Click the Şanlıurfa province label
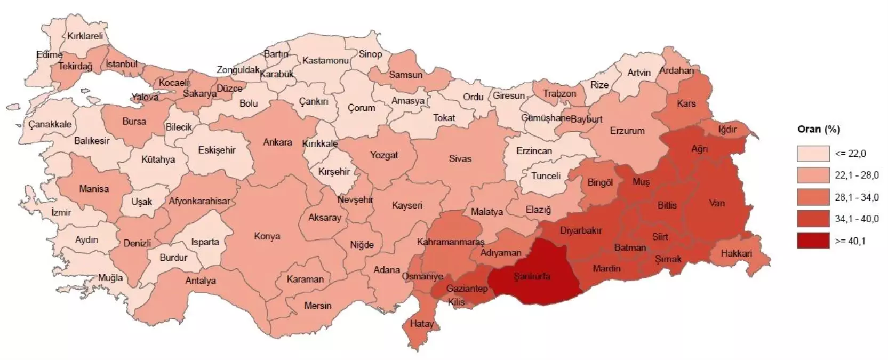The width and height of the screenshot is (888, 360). pyautogui.click(x=531, y=276)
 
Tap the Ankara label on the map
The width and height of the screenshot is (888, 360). pyautogui.click(x=277, y=142)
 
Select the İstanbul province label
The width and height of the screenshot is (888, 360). pyautogui.click(x=121, y=64)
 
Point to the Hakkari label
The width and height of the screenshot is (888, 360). pyautogui.click(x=736, y=253)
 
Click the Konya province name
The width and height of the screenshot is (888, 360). pyautogui.click(x=267, y=236)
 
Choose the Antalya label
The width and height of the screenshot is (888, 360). pyautogui.click(x=201, y=281)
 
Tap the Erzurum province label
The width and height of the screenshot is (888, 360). pyautogui.click(x=627, y=131)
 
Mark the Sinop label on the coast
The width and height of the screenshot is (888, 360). pyautogui.click(x=370, y=54)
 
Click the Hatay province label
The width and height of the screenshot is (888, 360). pyautogui.click(x=421, y=323)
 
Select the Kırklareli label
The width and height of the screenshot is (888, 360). pyautogui.click(x=85, y=36)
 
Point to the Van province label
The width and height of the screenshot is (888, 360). pyautogui.click(x=717, y=203)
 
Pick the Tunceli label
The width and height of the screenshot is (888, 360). pyautogui.click(x=546, y=175)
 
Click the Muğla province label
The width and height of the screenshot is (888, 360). pyautogui.click(x=110, y=278)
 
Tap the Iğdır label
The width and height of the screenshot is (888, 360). pyautogui.click(x=727, y=130)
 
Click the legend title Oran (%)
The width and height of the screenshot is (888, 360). pyautogui.click(x=818, y=130)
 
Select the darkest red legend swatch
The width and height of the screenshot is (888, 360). pyautogui.click(x=813, y=241)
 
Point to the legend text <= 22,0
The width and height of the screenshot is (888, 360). pyautogui.click(x=850, y=154)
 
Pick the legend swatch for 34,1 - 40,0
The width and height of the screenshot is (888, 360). pyautogui.click(x=813, y=219)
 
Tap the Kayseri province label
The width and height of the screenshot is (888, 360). pyautogui.click(x=407, y=205)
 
